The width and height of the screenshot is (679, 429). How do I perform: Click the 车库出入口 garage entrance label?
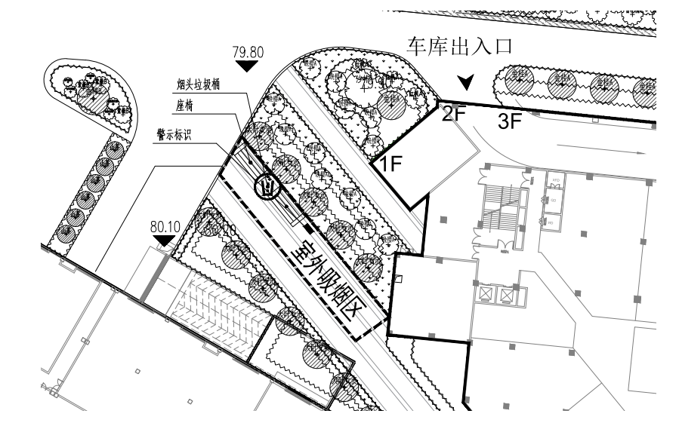pos(460,46)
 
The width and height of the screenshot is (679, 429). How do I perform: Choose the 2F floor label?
pos(456,115)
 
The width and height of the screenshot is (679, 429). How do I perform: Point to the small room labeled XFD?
pos(555,182)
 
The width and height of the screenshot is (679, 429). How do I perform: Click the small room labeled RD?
pos(554,223)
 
